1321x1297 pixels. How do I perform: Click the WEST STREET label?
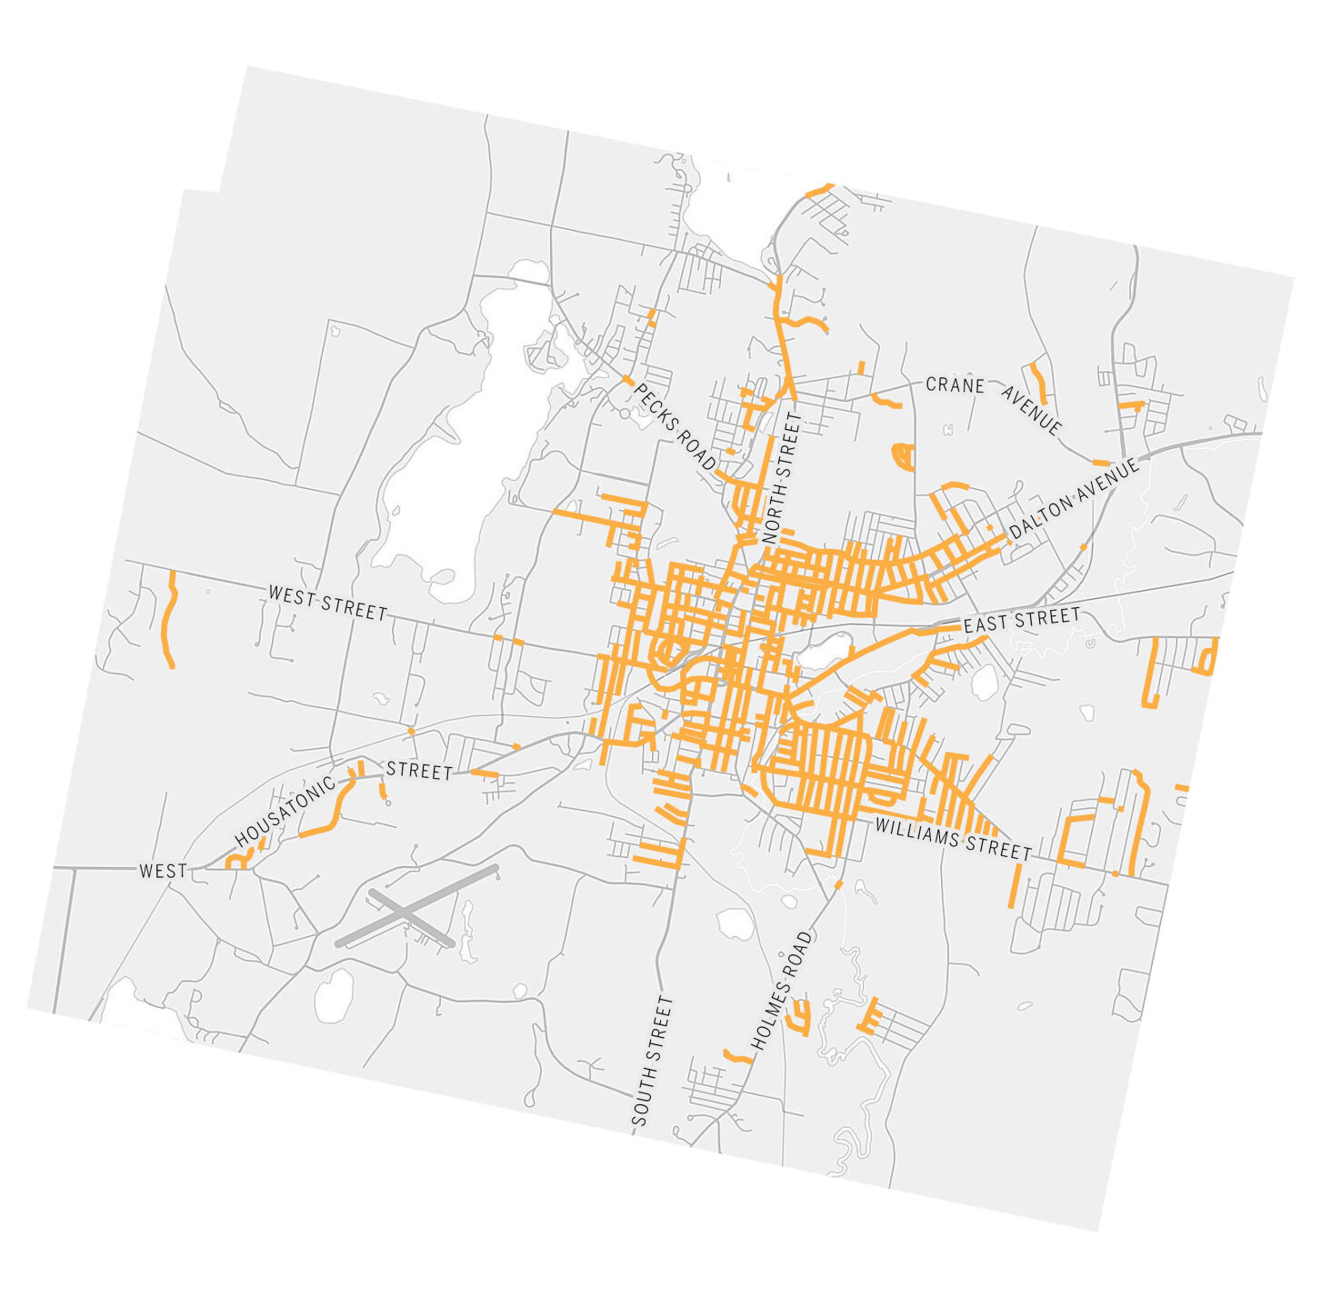[x=327, y=604]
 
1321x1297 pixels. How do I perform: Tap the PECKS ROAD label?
[x=675, y=426]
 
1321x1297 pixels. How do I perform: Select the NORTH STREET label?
[x=783, y=478]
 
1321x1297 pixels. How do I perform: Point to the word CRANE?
[x=955, y=385]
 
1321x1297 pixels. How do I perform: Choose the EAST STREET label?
[x=1022, y=621]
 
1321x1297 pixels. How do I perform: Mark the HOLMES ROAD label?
[x=781, y=990]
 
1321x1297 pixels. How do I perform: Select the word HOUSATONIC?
[x=285, y=812]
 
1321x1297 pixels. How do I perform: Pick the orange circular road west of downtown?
[x=670, y=651]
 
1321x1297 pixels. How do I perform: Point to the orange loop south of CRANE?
[x=903, y=455]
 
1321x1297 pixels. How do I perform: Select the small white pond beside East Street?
[x=824, y=652]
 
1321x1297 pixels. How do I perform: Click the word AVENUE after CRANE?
[x=1031, y=410]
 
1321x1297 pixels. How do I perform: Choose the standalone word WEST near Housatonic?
[x=163, y=871]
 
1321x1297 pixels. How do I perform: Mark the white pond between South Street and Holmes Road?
[x=733, y=923]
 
